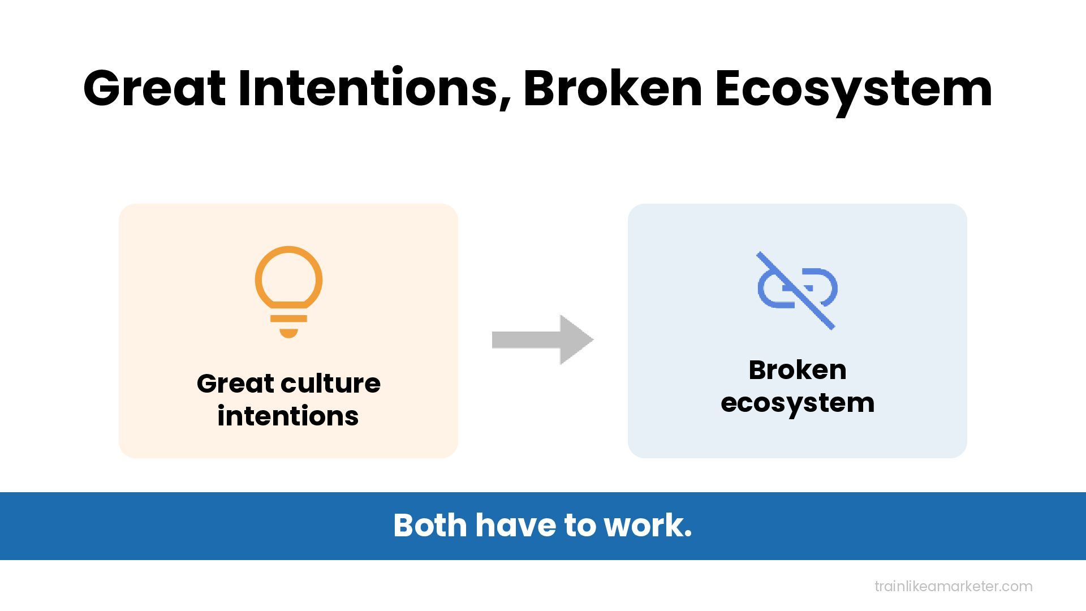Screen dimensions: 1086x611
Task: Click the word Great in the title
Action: coord(154,88)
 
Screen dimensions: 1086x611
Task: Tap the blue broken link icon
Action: coord(797,289)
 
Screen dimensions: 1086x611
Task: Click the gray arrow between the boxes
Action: coord(542,339)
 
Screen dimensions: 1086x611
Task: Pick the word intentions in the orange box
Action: coord(288,416)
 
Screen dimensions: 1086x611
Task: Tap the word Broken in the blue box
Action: coord(797,370)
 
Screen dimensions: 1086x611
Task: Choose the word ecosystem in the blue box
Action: coord(797,403)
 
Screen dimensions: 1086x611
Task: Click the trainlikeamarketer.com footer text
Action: coord(953,586)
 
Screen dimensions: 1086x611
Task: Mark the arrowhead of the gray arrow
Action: coord(576,339)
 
